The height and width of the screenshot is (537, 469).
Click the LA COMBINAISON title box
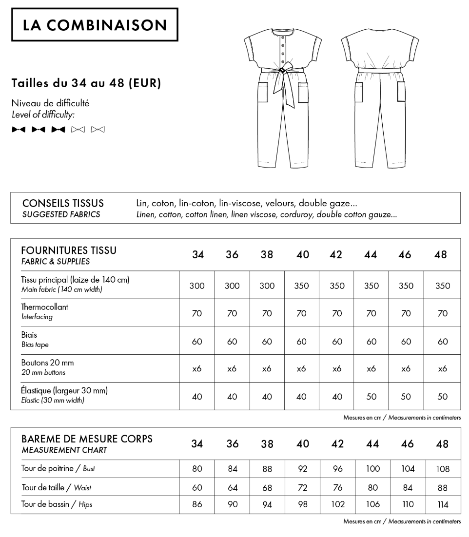(95, 25)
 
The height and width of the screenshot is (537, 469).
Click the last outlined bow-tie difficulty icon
(98, 130)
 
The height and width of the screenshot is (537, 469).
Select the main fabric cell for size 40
(302, 286)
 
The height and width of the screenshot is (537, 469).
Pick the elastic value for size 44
(371, 397)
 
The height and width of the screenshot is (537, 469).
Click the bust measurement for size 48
(442, 469)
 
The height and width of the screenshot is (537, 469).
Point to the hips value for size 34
(197, 504)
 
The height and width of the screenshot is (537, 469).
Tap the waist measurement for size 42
(337, 487)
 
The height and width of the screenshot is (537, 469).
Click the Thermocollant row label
(44, 307)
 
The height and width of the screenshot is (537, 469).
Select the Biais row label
(29, 335)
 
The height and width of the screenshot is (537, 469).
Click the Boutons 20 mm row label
(47, 363)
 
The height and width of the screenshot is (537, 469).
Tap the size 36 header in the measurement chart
(233, 444)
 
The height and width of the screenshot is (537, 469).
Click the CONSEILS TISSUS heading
(63, 203)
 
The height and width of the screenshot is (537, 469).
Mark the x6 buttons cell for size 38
(267, 369)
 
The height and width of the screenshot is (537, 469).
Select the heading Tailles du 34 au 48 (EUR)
(86, 83)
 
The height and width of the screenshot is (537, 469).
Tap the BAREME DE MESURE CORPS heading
(87, 439)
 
